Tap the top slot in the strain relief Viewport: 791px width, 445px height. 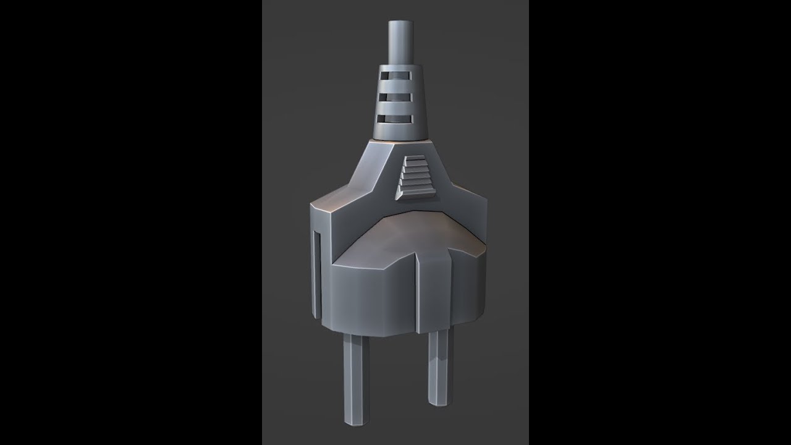click(395, 76)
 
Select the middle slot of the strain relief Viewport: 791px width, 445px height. click(395, 97)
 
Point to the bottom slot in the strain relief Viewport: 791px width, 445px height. click(395, 117)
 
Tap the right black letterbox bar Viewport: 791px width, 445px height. click(660, 222)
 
